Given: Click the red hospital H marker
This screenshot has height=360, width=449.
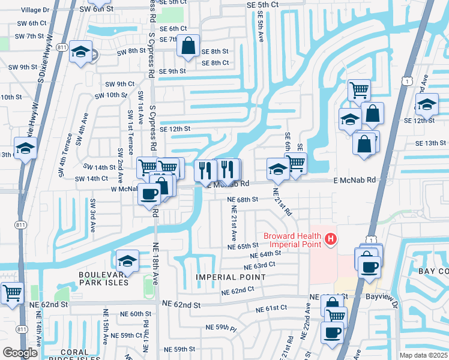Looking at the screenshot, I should coord(330,240).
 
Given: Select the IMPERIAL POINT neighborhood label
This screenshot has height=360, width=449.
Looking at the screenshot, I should coord(231,277).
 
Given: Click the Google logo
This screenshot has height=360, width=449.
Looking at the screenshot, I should coord(20,352).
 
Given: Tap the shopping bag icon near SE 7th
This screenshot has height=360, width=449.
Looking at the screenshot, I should coord(188,46).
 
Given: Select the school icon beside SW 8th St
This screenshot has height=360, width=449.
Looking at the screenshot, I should coord(80,52).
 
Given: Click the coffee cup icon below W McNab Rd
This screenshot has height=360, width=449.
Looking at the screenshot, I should coord(149,194).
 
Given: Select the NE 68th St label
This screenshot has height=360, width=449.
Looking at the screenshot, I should coord(243,199).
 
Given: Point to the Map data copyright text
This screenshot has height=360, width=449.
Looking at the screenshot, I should coord(424,355).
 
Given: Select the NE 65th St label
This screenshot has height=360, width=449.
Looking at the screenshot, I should coord(243,246).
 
